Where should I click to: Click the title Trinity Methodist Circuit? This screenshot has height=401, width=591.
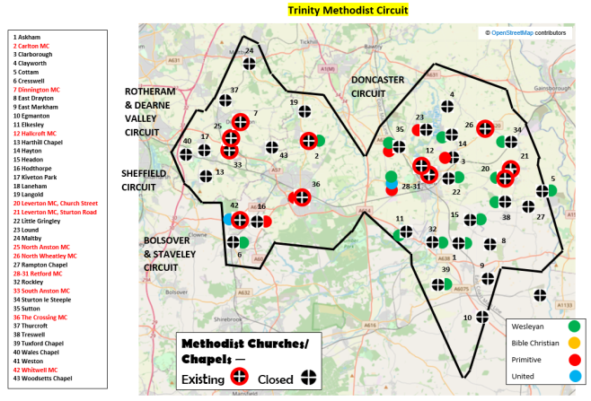tap(347, 11)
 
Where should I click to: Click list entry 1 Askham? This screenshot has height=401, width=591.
tap(26, 37)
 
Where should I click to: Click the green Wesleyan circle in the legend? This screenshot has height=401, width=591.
tap(573, 326)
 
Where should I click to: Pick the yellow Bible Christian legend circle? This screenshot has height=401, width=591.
tap(573, 344)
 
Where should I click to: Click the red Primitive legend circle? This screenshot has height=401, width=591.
tap(573, 361)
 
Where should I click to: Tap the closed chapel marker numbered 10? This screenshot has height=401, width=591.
tap(482, 316)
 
